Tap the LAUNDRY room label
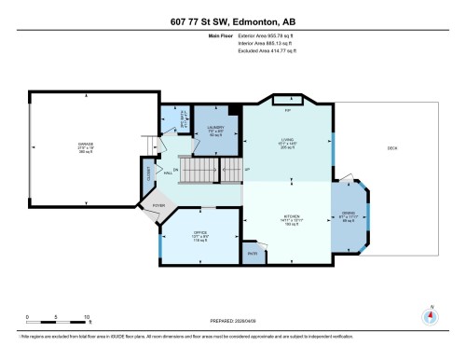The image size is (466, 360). click(212, 128)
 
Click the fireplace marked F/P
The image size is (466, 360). click(288, 109)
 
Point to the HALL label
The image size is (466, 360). click(168, 172)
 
